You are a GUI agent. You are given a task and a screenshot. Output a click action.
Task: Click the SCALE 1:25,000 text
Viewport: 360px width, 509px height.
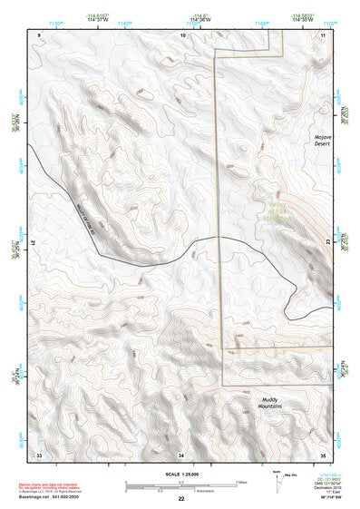180,473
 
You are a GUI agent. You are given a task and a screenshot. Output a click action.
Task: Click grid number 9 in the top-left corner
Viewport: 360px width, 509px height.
39,34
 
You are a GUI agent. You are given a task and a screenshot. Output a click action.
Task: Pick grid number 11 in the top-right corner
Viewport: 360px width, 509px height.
324,34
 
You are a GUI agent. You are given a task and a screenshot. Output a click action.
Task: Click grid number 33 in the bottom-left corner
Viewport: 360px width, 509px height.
39,453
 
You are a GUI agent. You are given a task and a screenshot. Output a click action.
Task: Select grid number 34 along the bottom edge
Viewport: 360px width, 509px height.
181,453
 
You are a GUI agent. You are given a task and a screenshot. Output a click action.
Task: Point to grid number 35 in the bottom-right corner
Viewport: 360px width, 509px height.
323,453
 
